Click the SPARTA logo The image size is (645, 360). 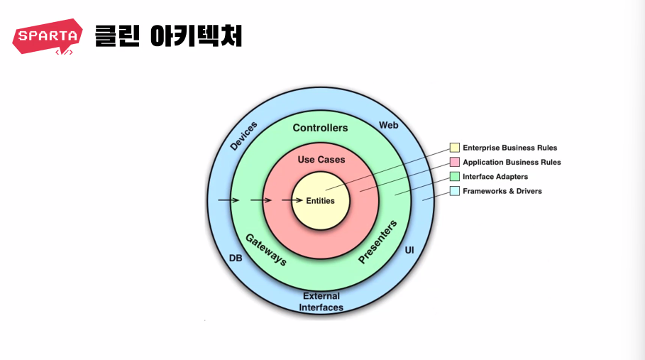[x=47, y=37]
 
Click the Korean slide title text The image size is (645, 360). [x=168, y=36]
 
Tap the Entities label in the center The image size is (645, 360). [x=320, y=201]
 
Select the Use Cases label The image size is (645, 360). [x=321, y=160]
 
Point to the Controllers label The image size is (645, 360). [x=320, y=128]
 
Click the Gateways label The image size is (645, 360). [x=266, y=249]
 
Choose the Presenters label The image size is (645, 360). [x=377, y=242]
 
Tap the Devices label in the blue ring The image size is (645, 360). [x=244, y=136]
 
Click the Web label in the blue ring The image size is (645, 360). [x=388, y=125]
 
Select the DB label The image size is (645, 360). [x=236, y=258]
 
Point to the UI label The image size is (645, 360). [x=409, y=251]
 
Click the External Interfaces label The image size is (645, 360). [x=321, y=302]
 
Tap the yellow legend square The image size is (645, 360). [x=454, y=148]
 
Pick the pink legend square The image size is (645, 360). [x=454, y=162]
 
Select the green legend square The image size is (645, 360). [x=454, y=176]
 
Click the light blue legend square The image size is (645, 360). [x=454, y=191]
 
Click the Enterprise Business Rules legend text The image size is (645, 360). [x=509, y=148]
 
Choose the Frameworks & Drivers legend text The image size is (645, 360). [x=502, y=191]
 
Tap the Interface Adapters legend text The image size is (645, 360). [x=495, y=177]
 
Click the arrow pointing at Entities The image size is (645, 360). [x=292, y=201]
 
